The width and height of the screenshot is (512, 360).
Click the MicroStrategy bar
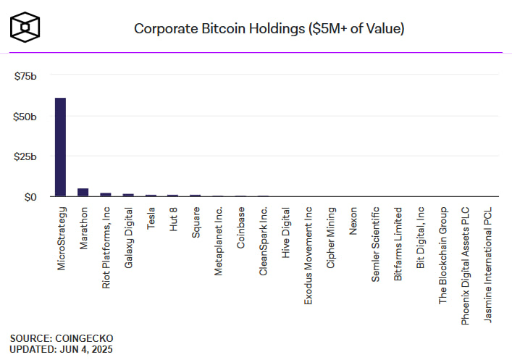click(x=60, y=147)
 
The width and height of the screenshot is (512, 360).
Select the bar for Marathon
click(x=83, y=192)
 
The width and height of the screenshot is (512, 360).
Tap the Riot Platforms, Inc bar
click(x=105, y=194)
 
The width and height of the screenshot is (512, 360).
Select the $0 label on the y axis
click(x=30, y=196)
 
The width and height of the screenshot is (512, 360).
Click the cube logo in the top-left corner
click(x=25, y=28)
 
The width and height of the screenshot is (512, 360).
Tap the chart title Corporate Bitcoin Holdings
click(x=269, y=29)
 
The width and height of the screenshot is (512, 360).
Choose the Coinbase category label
click(x=240, y=228)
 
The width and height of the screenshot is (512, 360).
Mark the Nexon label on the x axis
click(x=353, y=219)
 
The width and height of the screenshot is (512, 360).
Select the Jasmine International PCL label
click(x=487, y=264)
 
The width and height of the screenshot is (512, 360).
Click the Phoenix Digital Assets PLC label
click(x=465, y=265)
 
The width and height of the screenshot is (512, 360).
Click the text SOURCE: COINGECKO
click(x=62, y=338)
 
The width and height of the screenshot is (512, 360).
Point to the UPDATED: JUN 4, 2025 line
click(x=62, y=348)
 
